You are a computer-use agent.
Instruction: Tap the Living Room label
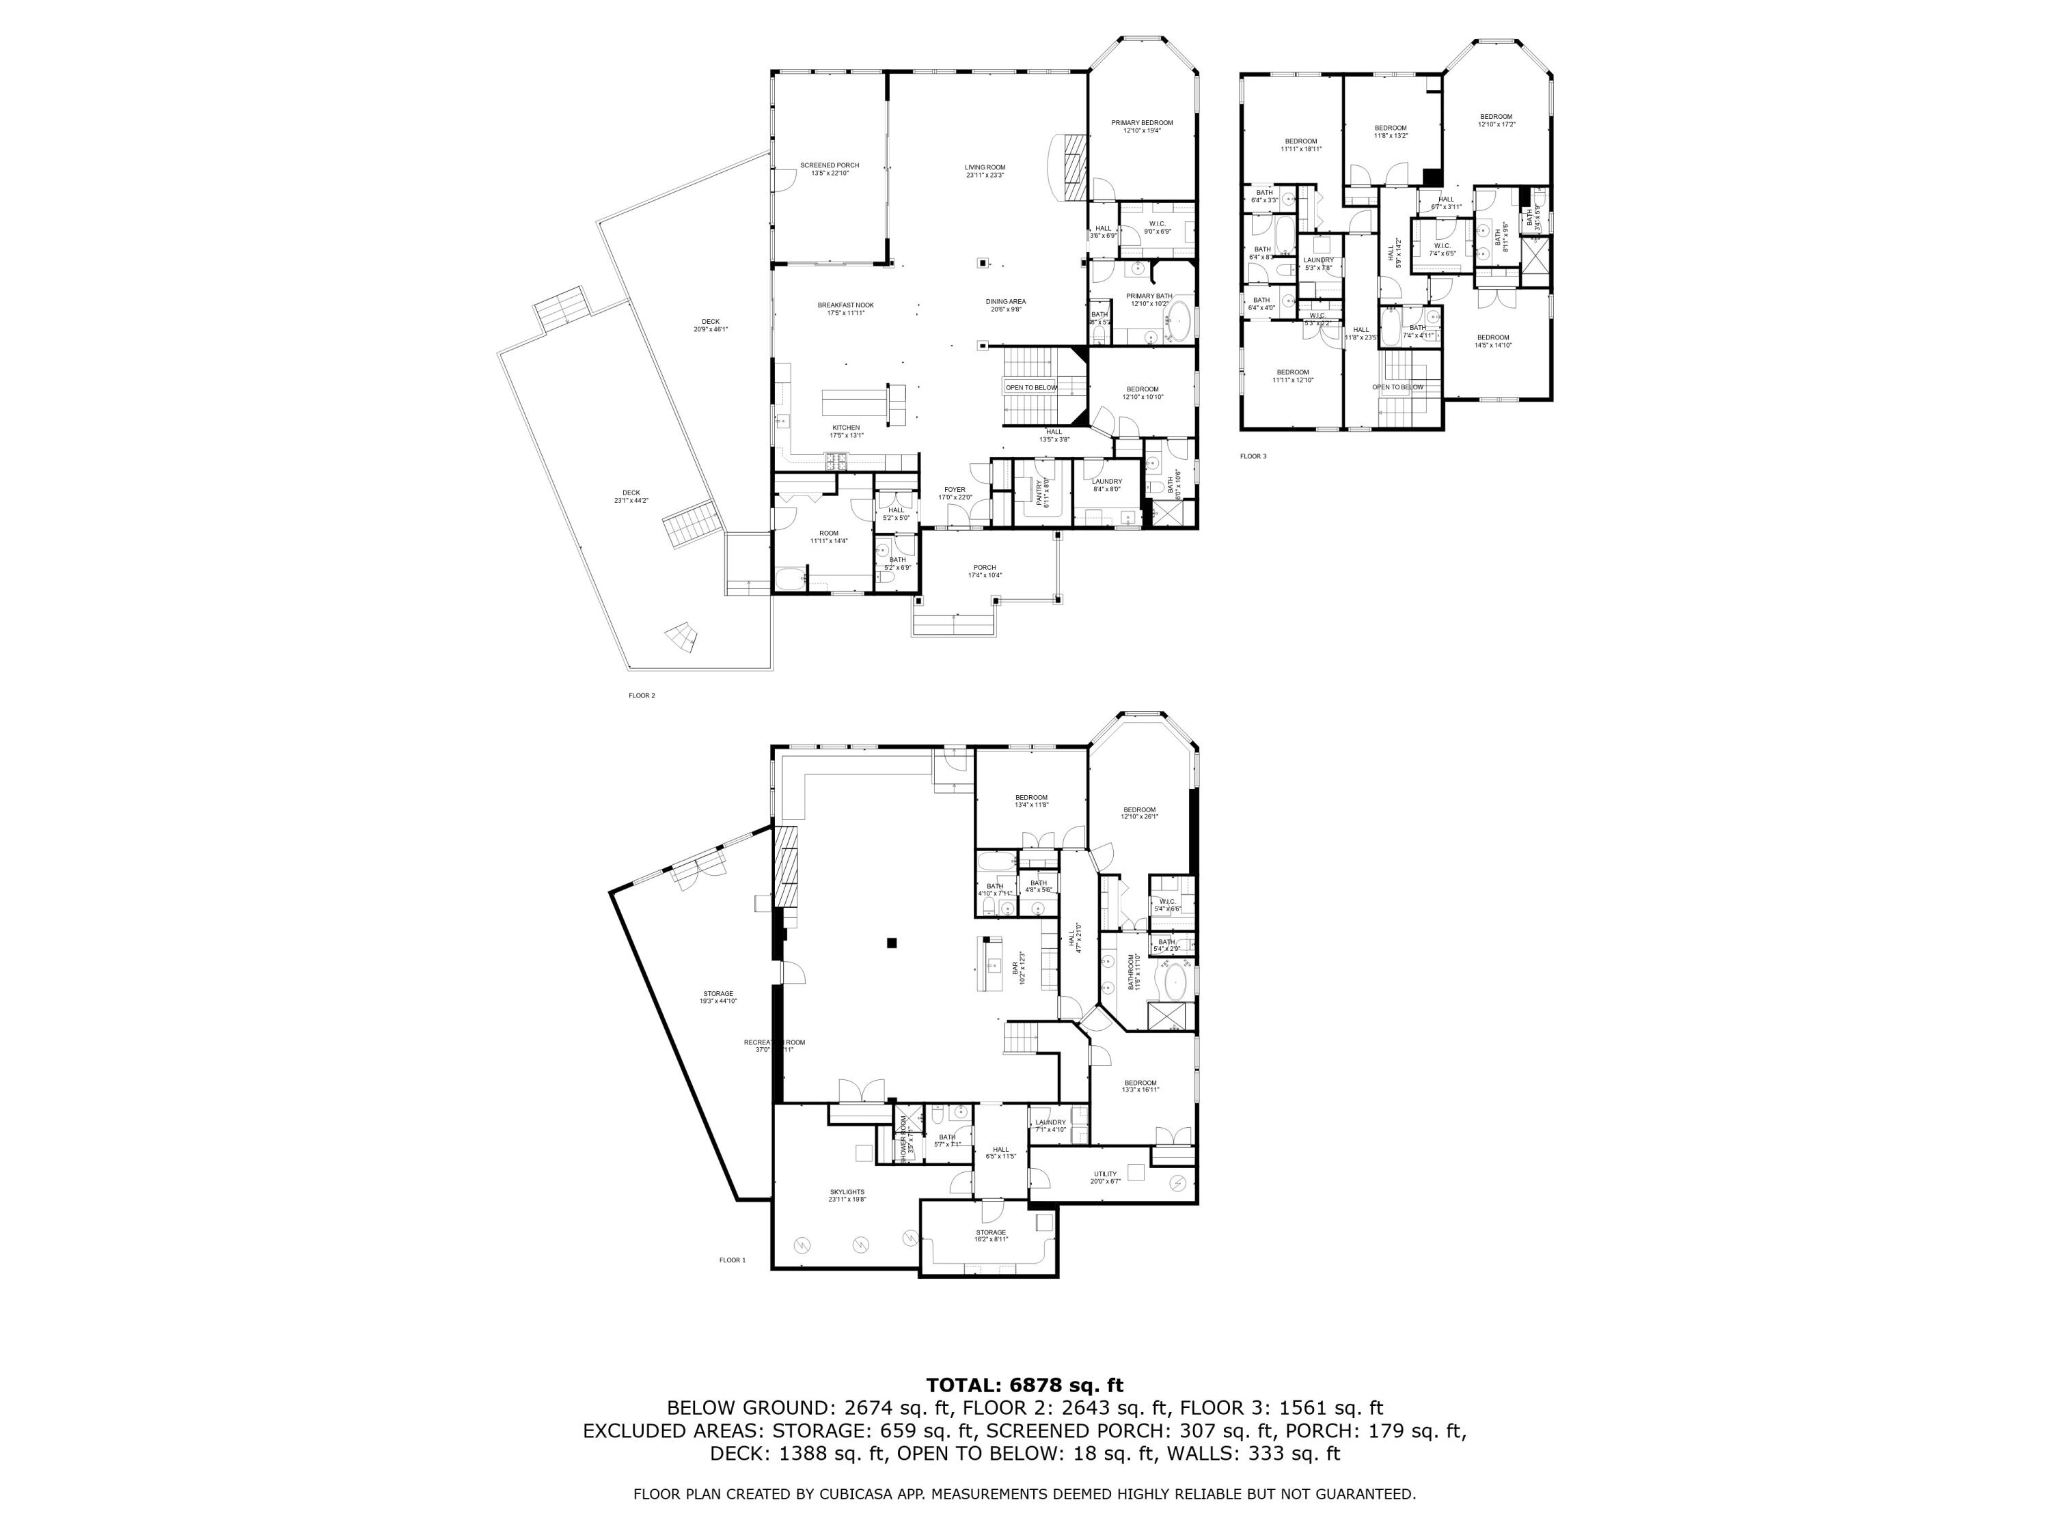click(x=984, y=171)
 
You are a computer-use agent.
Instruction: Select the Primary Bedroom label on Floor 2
click(x=1142, y=126)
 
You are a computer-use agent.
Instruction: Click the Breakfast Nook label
click(x=845, y=309)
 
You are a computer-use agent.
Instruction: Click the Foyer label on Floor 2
click(x=955, y=493)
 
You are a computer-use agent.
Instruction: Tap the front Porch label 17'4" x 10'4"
click(x=984, y=570)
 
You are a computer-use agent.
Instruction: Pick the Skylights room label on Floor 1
click(x=847, y=1195)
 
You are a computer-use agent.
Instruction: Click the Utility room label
click(x=1105, y=1176)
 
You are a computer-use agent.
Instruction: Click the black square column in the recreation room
click(x=892, y=943)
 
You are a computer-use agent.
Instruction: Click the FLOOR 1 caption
click(x=731, y=1260)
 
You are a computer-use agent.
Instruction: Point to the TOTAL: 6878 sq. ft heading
click(x=1024, y=1385)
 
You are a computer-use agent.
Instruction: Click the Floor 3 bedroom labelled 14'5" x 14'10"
click(x=1492, y=341)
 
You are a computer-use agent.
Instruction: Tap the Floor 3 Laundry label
click(x=1318, y=263)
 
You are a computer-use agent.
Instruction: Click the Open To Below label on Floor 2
click(x=1030, y=387)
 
